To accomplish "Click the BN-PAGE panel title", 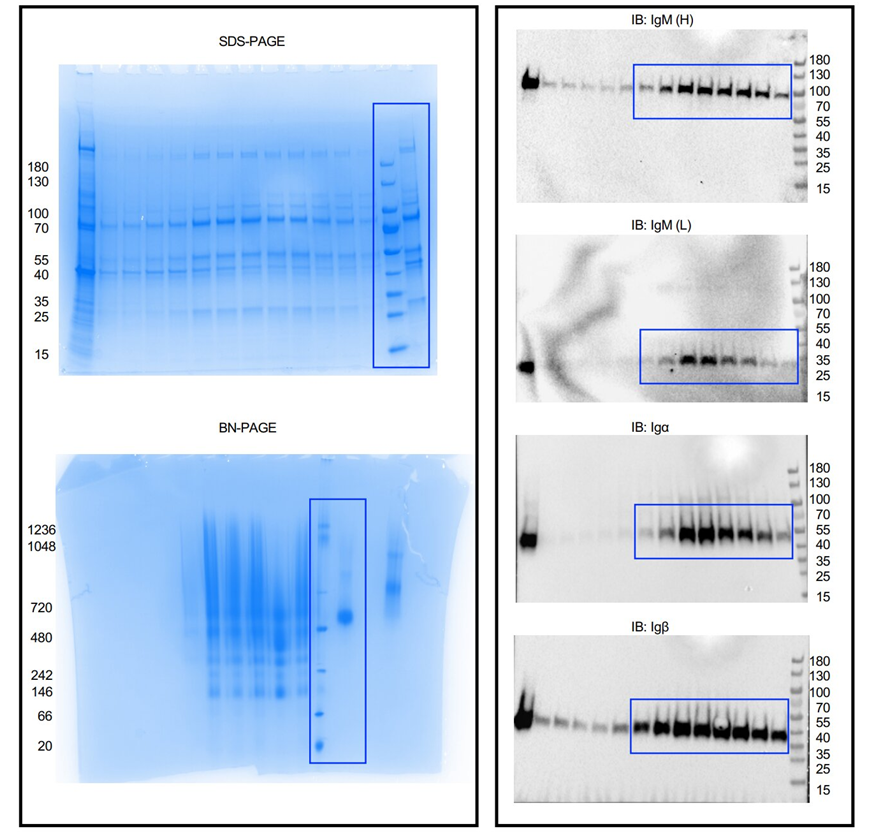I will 248,428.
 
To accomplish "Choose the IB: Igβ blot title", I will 654,627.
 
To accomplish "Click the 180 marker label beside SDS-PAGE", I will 39,167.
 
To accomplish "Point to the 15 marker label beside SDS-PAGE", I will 41,355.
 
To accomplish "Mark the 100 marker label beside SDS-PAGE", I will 39,213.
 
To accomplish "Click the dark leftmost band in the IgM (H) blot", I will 529,81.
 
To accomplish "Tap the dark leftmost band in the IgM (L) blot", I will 528,366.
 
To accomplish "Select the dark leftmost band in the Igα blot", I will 528,540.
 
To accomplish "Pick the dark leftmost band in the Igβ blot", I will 524,719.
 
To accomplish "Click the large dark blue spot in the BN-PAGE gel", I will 346,616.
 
